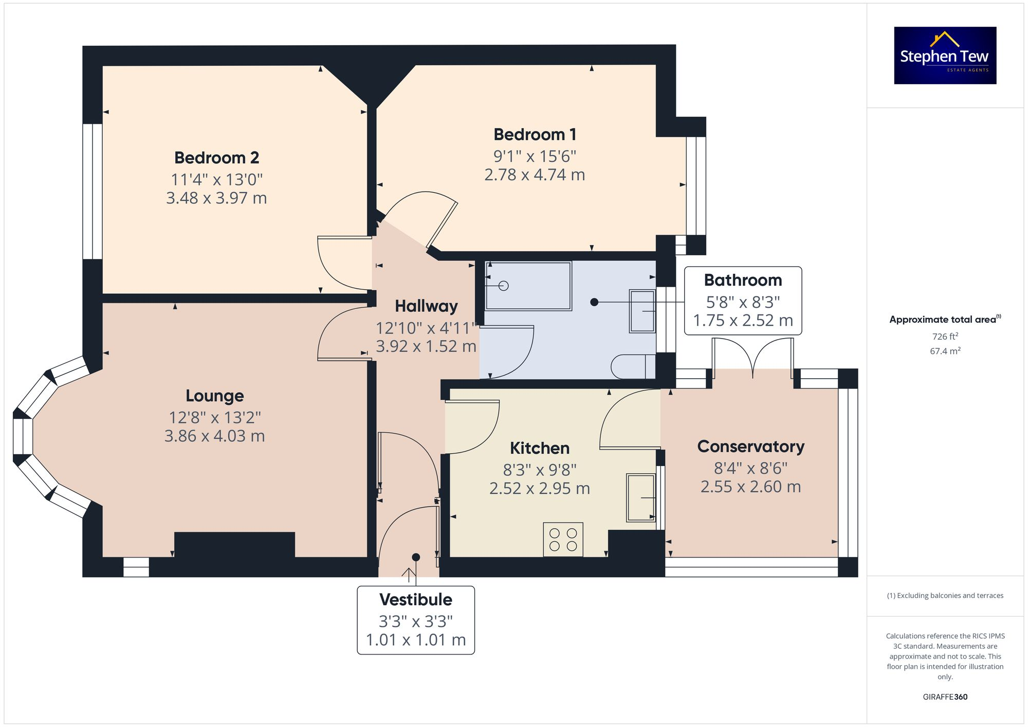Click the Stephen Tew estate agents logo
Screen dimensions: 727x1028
point(945,55)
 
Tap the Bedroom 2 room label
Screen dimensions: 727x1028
point(216,158)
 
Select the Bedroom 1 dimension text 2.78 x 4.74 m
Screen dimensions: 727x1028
point(535,175)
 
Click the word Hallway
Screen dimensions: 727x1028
point(426,306)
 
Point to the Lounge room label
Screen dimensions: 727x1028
point(214,396)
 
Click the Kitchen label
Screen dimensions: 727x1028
point(539,448)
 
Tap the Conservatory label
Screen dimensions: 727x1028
point(750,446)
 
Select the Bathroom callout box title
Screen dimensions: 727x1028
point(743,280)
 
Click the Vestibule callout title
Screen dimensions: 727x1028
point(415,600)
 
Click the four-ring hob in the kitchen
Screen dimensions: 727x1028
point(563,539)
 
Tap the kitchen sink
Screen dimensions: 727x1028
point(640,497)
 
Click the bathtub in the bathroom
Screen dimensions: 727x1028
point(528,286)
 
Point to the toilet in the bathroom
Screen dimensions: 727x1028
point(632,366)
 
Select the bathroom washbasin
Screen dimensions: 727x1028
point(642,311)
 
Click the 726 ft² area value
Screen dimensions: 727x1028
point(945,337)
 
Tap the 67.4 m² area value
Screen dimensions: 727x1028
point(945,351)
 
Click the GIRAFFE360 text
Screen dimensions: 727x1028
point(945,697)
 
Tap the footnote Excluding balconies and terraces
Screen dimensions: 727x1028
point(945,595)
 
